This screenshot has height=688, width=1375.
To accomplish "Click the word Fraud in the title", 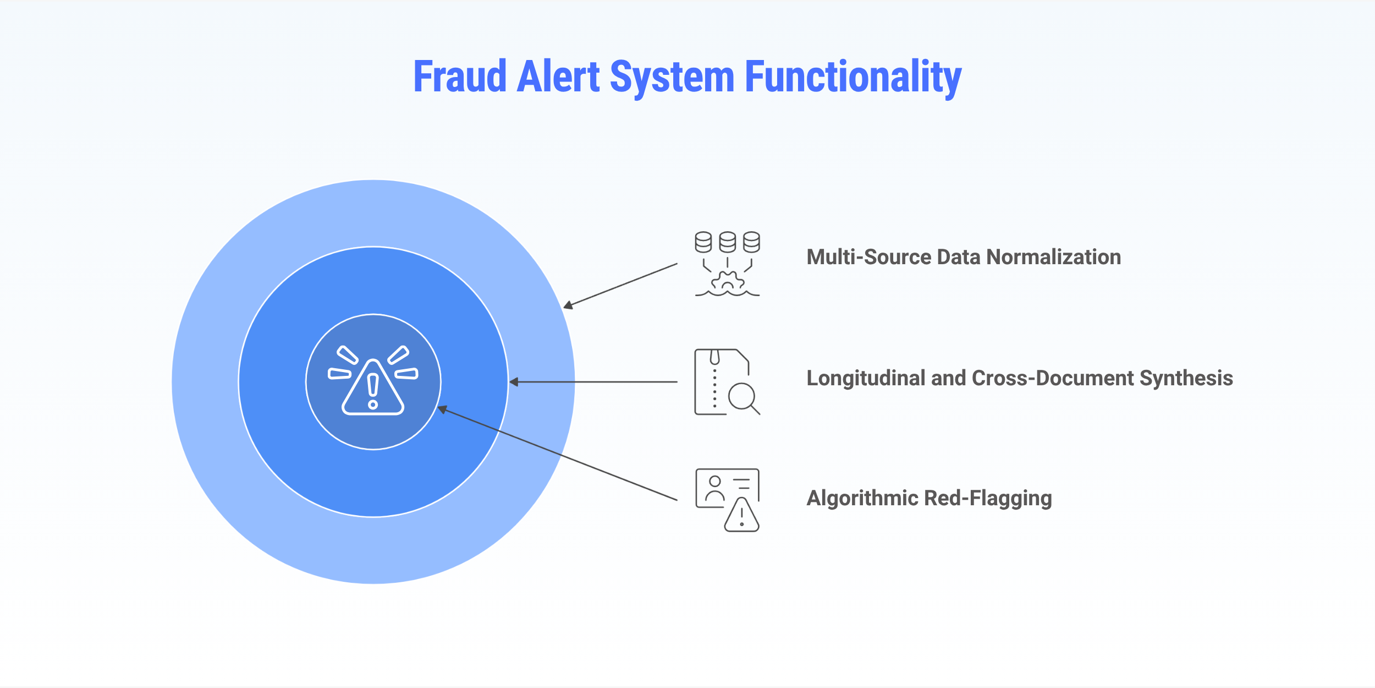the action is click(x=459, y=77).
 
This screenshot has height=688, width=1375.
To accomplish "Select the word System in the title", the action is click(x=672, y=77).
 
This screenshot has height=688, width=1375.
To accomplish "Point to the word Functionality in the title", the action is click(x=853, y=77).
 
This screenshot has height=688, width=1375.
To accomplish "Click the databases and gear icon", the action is click(x=727, y=264).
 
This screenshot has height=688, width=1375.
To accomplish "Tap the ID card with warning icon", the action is click(x=727, y=500).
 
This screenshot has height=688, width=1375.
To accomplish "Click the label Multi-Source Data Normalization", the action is click(x=964, y=257).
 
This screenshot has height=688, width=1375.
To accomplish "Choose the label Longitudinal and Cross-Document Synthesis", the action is click(x=1020, y=378).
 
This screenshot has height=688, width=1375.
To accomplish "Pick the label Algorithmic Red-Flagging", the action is click(x=929, y=498).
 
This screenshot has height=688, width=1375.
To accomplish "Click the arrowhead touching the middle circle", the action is click(x=514, y=382).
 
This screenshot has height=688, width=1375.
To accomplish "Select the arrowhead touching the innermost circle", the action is click(x=442, y=409).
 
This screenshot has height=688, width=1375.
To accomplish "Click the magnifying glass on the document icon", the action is click(x=743, y=397).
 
